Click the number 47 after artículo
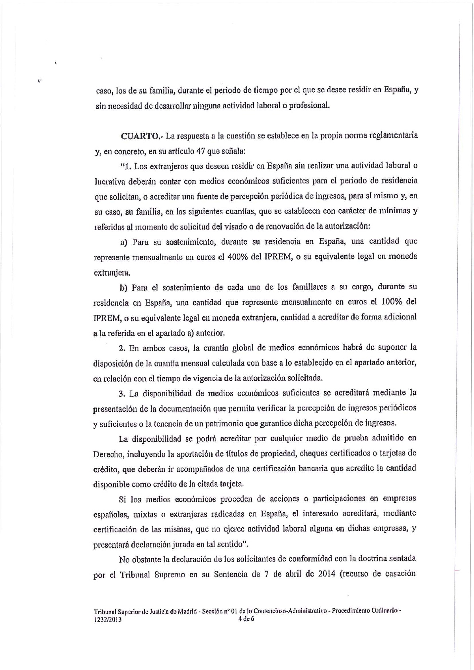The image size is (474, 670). pos(190,151)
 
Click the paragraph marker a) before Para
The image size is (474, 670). pos(124,242)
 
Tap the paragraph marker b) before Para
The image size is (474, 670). pos(124,287)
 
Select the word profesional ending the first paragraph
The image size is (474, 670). pos(311,105)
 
